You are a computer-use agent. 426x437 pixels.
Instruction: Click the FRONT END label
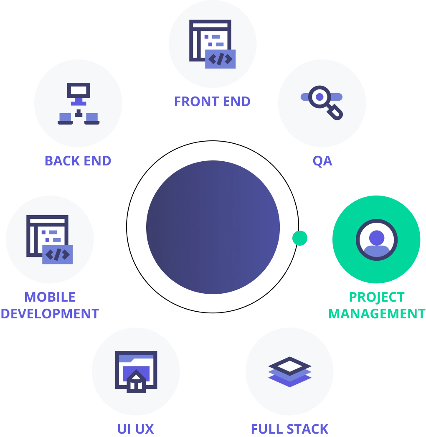212,102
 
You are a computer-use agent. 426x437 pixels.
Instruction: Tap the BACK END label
78,161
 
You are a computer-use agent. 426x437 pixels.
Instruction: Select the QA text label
322,161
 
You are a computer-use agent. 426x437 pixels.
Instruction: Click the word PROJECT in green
377,297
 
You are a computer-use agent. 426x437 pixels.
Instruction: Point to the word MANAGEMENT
377,314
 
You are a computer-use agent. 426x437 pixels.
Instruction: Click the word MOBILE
50,297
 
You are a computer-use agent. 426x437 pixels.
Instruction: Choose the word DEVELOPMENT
50,314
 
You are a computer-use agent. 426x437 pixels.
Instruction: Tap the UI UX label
136,429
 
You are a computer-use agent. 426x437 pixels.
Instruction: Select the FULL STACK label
289,429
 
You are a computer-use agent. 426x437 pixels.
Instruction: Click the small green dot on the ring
300,238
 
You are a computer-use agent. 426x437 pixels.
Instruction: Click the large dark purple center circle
213,227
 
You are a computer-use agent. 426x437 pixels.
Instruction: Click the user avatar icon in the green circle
377,240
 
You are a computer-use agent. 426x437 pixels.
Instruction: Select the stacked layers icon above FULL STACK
290,372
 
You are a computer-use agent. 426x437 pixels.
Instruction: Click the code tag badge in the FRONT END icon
221,59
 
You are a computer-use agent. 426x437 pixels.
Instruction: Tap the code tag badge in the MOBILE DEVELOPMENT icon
57,254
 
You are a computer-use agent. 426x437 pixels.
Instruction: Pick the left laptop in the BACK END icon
65,119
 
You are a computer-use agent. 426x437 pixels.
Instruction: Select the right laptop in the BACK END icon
92,119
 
